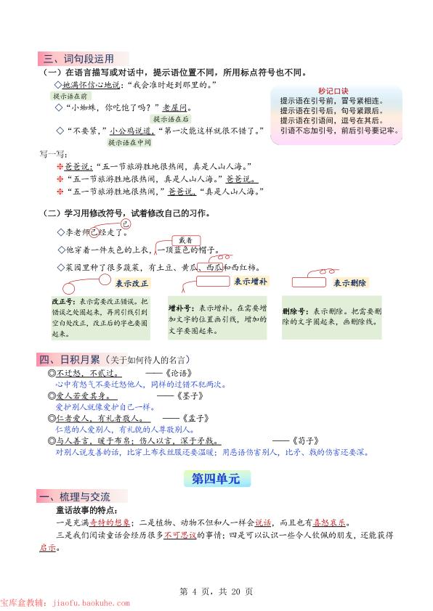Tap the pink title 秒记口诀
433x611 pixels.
pos(332,91)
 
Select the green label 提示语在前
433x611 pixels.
pos(70,96)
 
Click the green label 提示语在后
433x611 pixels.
pos(171,119)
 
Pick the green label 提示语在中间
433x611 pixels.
pos(118,143)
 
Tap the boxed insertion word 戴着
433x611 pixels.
pos(185,240)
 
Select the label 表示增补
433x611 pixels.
pos(251,282)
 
